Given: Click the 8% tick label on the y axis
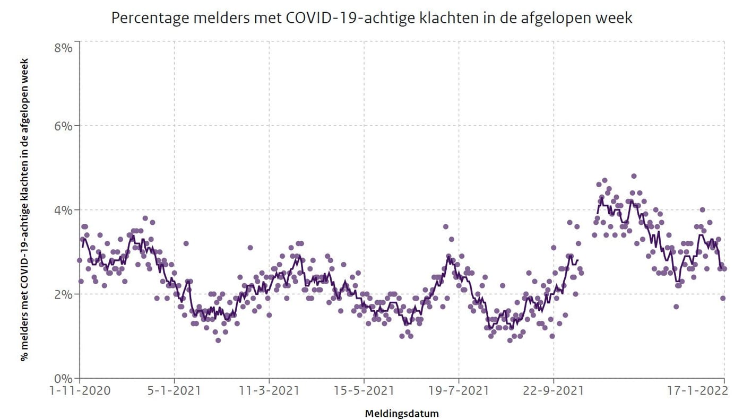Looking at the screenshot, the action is [63, 48].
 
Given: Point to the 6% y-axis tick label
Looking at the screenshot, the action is [63, 126].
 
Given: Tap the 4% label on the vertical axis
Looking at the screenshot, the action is [63, 210].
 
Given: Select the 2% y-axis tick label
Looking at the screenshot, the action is [63, 294].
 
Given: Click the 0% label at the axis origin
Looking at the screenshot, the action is [63, 379].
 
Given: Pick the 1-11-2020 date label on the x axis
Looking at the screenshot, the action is [80, 390].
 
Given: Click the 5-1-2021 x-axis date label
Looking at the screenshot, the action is [174, 390].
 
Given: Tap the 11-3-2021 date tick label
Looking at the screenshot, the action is [269, 390].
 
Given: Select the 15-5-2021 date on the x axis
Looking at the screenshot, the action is [364, 390].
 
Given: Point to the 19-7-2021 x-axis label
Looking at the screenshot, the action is [459, 390].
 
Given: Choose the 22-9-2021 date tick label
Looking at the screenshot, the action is [553, 390].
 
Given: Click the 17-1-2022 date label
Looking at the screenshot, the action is [697, 390].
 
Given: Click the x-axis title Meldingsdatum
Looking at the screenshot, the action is [402, 414].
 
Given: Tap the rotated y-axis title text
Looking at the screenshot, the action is [24, 209].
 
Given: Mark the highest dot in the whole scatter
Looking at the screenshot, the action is [634, 176].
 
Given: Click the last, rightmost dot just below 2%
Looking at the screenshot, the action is [723, 299].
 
